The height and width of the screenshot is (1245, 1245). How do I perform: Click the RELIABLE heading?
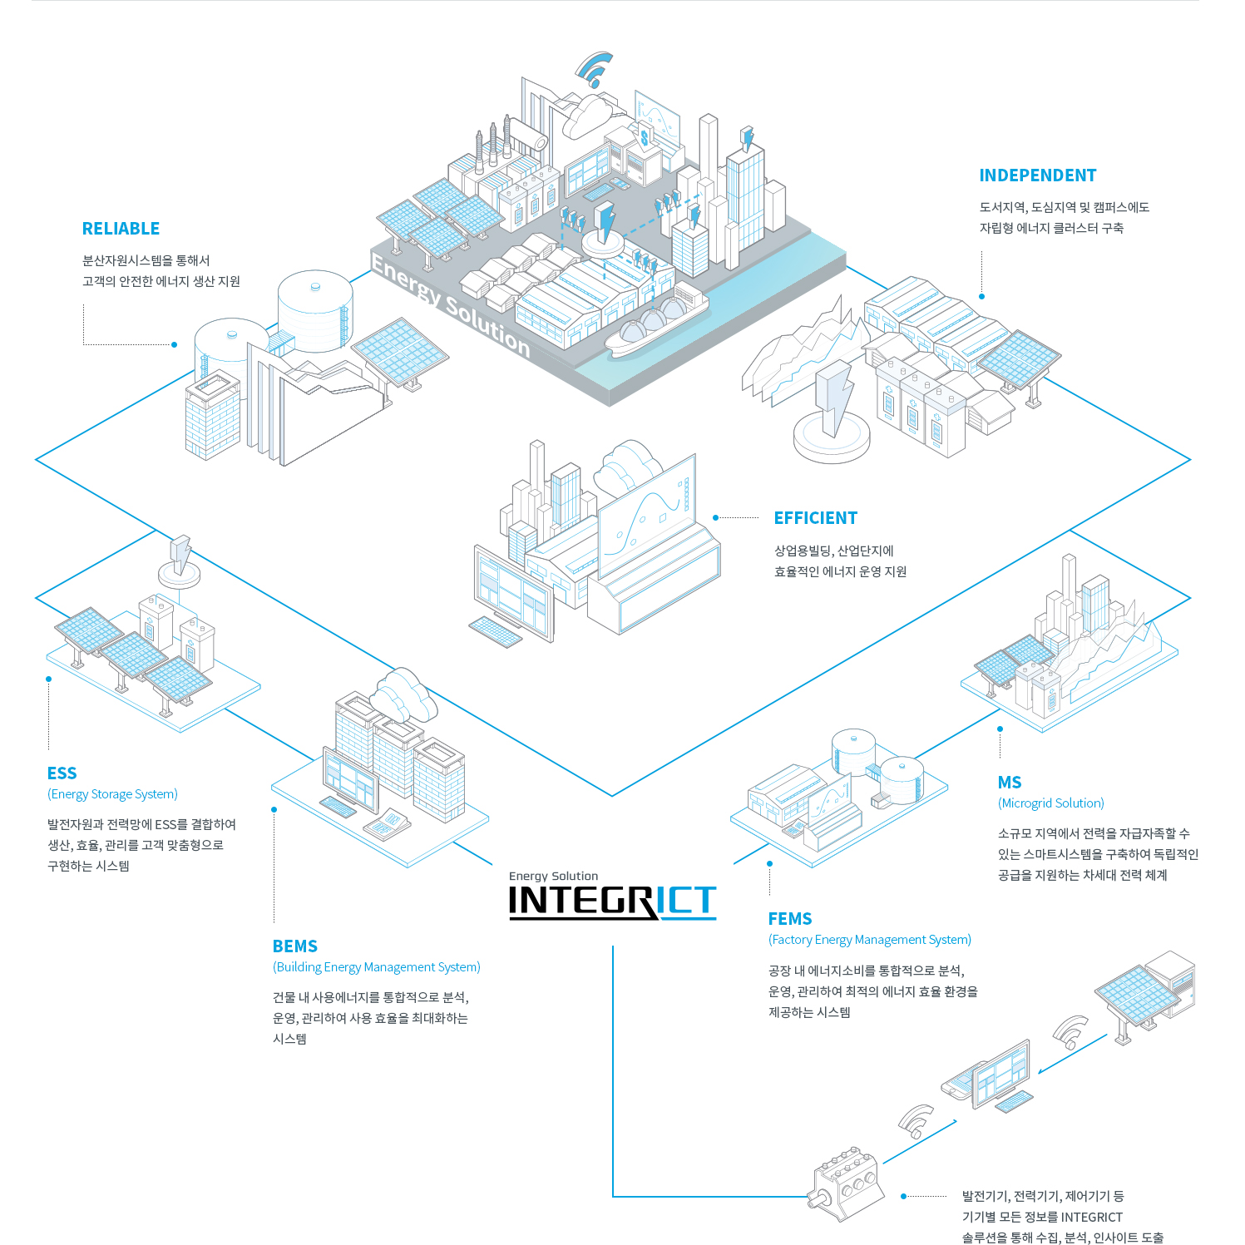click(121, 229)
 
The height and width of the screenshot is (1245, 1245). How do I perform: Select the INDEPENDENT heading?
click(1037, 175)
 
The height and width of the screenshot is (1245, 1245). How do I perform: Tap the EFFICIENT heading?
click(815, 518)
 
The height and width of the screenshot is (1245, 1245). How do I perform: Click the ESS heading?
click(62, 773)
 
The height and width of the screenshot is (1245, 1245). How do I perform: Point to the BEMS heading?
click(294, 946)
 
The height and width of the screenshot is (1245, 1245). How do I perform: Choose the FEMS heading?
click(789, 919)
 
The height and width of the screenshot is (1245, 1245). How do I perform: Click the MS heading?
click(1009, 783)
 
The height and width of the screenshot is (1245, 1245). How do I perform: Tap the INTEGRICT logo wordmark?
click(612, 901)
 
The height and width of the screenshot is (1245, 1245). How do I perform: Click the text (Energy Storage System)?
click(112, 794)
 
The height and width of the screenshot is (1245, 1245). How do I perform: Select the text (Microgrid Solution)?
click(1050, 803)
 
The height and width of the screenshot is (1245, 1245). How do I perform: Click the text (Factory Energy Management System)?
click(869, 940)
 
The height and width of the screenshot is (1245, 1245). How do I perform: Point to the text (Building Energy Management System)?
click(376, 967)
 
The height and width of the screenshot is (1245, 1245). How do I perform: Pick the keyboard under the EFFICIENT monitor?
click(496, 631)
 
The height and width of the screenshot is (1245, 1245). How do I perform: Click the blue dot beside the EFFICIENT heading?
click(715, 518)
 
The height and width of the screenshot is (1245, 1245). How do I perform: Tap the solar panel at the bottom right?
click(1135, 994)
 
